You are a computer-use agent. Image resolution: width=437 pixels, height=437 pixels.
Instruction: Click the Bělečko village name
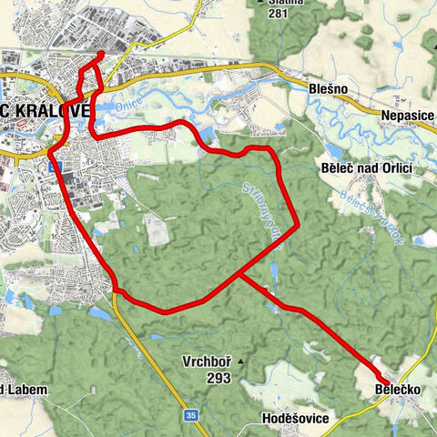(397, 392)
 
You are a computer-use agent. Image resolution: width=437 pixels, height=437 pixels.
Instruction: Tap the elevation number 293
(216, 379)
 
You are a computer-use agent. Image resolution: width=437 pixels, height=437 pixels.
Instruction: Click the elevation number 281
(276, 14)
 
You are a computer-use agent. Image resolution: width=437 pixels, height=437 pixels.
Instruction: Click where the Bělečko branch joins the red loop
(239, 273)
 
